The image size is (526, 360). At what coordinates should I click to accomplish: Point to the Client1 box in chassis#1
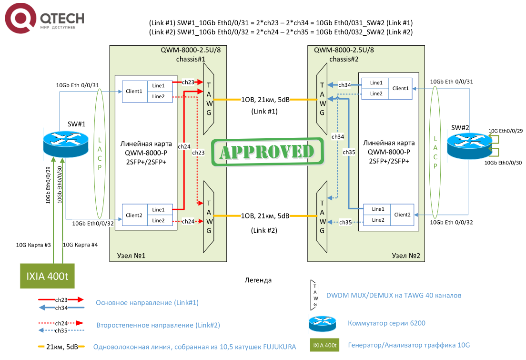click(x=135, y=91)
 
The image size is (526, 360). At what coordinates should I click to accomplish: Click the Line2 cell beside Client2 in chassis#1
click(x=159, y=220)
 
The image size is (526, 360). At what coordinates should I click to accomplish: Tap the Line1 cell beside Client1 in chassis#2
click(x=375, y=83)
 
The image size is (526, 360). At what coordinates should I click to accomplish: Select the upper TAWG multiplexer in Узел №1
click(x=209, y=100)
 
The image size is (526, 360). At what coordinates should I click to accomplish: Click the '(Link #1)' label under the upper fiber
click(x=264, y=112)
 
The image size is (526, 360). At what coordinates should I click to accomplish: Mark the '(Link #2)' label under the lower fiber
click(x=264, y=230)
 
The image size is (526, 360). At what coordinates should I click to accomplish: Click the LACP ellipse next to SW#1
click(x=100, y=154)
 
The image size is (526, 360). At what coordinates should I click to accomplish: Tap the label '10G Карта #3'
click(x=33, y=245)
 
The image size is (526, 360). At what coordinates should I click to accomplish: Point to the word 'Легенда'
click(x=258, y=280)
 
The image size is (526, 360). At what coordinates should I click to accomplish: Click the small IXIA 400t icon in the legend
click(x=324, y=345)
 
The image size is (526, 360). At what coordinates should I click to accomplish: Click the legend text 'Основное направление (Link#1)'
click(x=147, y=303)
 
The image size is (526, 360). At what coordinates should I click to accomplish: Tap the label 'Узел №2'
click(x=405, y=256)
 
